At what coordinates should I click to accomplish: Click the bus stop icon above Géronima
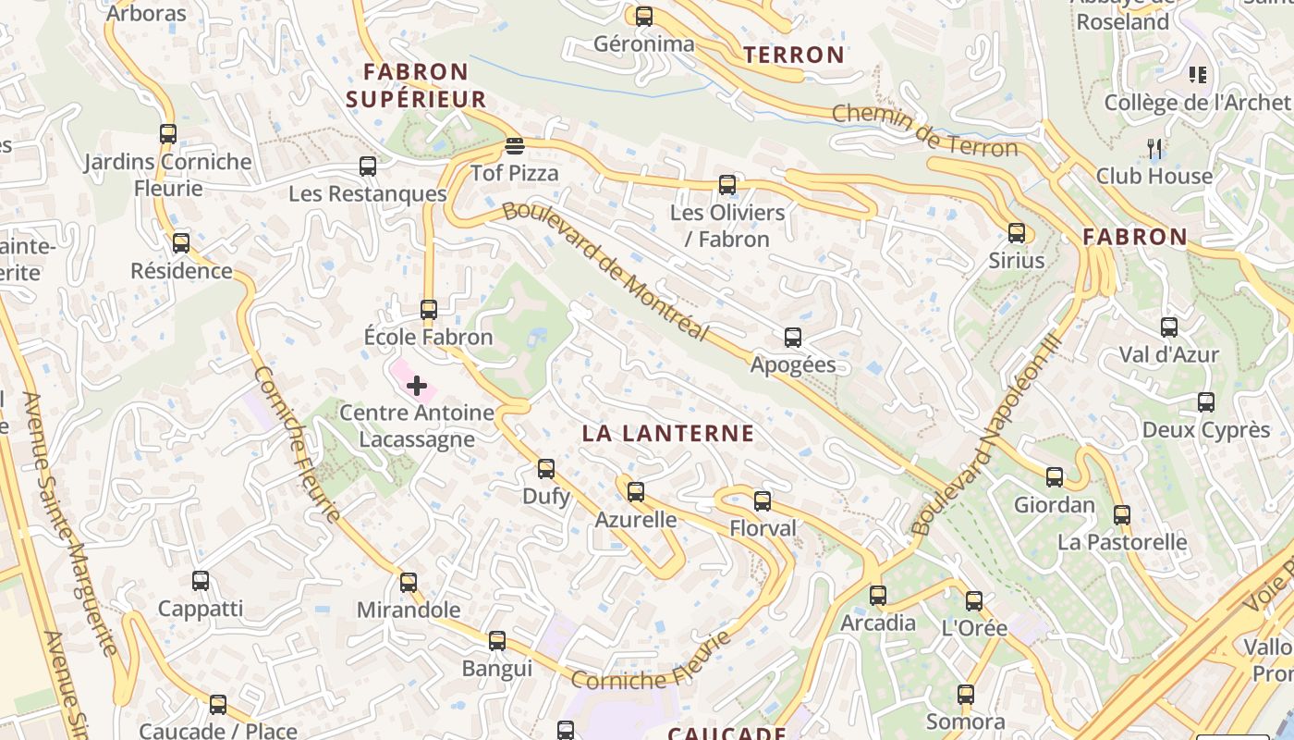(644, 16)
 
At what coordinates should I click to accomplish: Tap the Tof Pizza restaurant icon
(515, 146)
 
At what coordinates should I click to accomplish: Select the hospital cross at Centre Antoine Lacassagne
(417, 385)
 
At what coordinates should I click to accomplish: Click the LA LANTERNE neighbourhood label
(668, 433)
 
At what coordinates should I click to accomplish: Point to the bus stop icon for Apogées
(792, 338)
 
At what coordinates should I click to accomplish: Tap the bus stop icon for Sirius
(1017, 233)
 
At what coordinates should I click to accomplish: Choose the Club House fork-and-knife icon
(1154, 148)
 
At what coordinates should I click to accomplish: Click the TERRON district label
(794, 55)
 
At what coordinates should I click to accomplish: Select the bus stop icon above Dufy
(546, 469)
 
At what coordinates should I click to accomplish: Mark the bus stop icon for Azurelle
(635, 492)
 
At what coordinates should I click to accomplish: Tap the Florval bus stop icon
(763, 501)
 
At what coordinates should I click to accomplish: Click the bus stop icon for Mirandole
(409, 583)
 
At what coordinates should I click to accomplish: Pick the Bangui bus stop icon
(497, 641)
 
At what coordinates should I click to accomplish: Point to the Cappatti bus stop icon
(201, 581)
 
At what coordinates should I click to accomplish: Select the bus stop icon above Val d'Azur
(1169, 327)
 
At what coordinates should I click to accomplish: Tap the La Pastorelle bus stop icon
(1122, 515)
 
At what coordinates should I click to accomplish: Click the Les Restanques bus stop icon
(368, 166)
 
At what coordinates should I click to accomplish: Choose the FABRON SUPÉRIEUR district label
(423, 85)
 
